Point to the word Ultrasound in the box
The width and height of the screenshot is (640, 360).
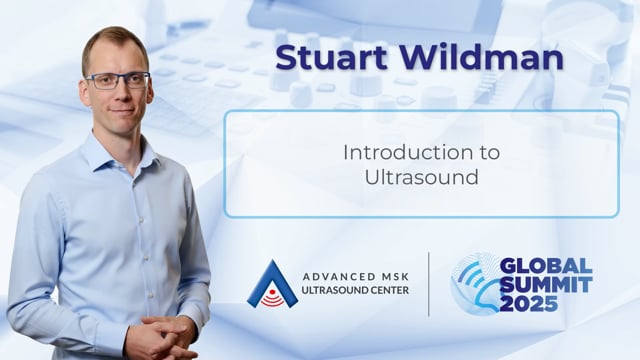pos(421,177)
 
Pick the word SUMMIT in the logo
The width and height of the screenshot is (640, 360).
pos(546,285)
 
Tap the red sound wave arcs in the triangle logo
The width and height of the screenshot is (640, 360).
pos(272,300)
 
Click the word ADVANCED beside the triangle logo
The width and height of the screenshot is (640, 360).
pos(333,277)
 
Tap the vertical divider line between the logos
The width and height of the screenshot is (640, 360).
pos(429,284)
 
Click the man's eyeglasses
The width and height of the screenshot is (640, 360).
pos(118,80)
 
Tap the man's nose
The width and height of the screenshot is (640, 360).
pos(120,95)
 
